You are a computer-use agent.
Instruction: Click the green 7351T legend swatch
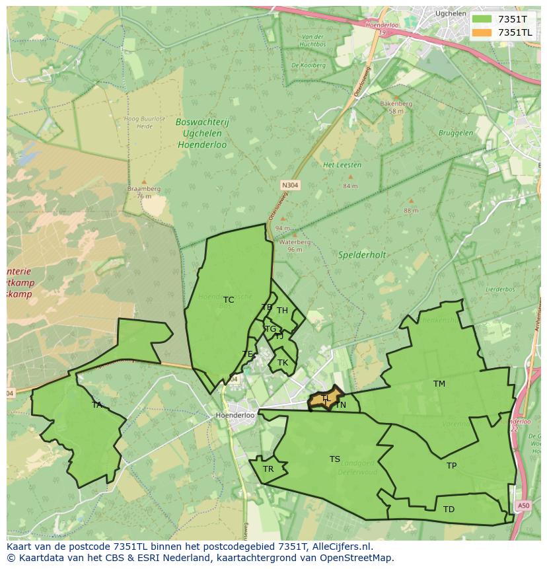coord(482,19)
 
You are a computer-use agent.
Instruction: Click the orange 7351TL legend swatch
coord(482,32)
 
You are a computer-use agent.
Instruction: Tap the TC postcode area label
coord(229,300)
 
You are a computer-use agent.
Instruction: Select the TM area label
coord(439,384)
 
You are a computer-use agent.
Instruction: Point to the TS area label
coord(335,459)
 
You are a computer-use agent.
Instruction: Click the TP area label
coord(451,466)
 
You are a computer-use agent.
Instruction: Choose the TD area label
coord(449,510)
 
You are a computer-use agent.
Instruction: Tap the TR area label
coord(268,469)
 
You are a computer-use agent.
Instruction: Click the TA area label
coord(97,405)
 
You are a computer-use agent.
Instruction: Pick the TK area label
coord(283,363)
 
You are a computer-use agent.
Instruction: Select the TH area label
coord(282,311)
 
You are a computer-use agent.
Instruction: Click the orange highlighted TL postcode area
coord(325,398)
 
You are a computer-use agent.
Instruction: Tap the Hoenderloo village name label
coord(235,416)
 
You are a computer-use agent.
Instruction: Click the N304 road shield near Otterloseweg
coord(289,186)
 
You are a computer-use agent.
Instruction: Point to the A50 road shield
coord(523,506)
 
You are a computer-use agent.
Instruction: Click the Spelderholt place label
coord(362,254)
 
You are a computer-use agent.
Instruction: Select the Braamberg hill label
coord(144,188)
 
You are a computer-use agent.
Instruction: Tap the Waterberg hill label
coord(295,242)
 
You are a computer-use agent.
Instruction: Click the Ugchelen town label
coord(451,13)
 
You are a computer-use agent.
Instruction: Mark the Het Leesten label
coord(337,165)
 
